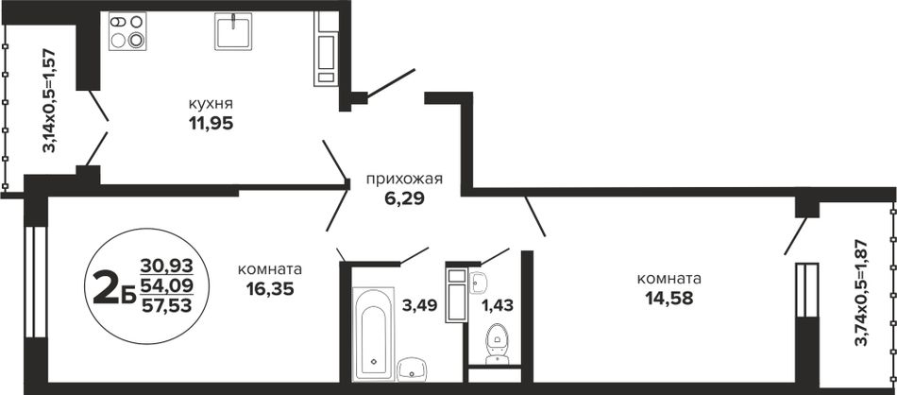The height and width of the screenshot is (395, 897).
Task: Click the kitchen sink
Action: (x=233, y=31)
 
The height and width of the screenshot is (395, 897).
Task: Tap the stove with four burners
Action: (x=127, y=31)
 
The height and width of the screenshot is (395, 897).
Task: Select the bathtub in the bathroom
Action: (x=372, y=334)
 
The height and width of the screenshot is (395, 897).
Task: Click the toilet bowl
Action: (x=497, y=344)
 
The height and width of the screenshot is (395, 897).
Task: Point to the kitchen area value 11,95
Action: (x=212, y=124)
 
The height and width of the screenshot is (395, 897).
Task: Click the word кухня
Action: (x=212, y=104)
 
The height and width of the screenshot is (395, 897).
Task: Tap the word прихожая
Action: (x=405, y=180)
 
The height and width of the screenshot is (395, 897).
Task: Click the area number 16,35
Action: (x=270, y=289)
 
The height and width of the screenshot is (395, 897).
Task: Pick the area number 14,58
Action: (x=669, y=299)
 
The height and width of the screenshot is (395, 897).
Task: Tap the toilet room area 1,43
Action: (x=497, y=305)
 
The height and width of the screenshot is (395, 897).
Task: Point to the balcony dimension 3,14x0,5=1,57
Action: (x=50, y=100)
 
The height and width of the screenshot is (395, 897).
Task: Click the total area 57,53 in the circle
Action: (x=166, y=304)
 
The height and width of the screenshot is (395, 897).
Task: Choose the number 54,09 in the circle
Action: (x=166, y=284)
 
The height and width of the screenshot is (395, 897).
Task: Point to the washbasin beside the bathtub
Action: (x=412, y=369)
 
